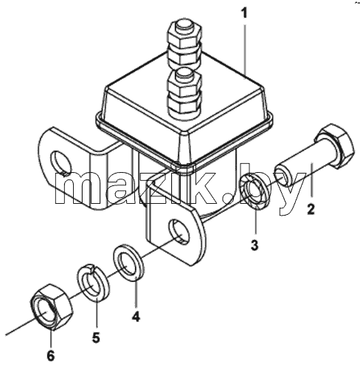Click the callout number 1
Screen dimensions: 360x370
(x=244, y=13)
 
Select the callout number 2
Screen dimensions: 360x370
(x=311, y=209)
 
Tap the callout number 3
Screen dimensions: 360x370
(x=255, y=245)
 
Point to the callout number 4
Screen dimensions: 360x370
(x=136, y=316)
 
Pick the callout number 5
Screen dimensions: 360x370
(x=96, y=338)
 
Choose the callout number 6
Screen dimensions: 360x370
(x=50, y=356)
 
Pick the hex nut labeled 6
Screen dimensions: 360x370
(x=52, y=306)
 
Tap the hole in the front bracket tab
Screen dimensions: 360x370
(x=179, y=231)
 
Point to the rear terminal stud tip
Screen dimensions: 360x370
(x=185, y=26)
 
